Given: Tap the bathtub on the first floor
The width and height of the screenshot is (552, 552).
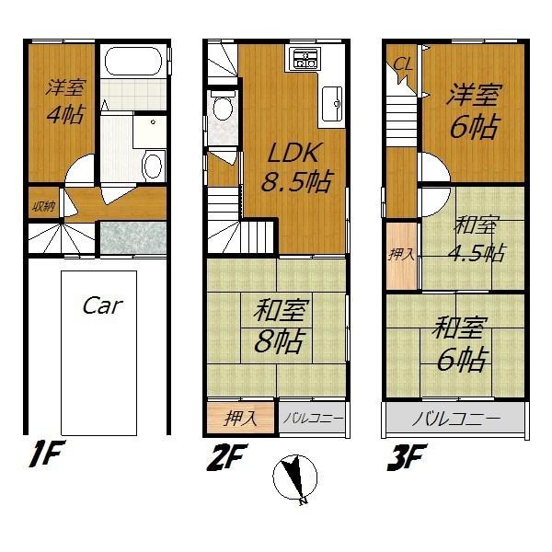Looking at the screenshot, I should [x=133, y=63].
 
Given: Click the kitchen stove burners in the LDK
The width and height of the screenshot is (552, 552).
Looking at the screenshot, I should [x=305, y=61].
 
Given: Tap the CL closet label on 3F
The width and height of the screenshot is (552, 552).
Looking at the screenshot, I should [x=402, y=64].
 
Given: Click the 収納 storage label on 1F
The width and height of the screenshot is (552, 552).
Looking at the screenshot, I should [x=40, y=205].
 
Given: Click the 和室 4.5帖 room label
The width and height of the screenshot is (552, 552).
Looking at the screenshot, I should [x=476, y=239].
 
